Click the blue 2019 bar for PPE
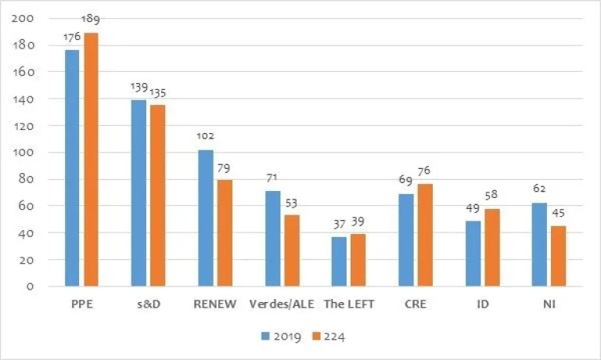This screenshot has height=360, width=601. click(x=72, y=168)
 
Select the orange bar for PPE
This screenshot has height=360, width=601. click(x=92, y=160)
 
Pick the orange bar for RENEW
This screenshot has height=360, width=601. click(x=225, y=232)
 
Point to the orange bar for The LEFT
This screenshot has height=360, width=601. click(x=358, y=260)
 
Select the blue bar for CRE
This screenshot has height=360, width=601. click(x=405, y=239)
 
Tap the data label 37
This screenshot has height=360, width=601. click(x=339, y=225)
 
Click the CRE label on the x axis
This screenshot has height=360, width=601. click(x=415, y=304)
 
